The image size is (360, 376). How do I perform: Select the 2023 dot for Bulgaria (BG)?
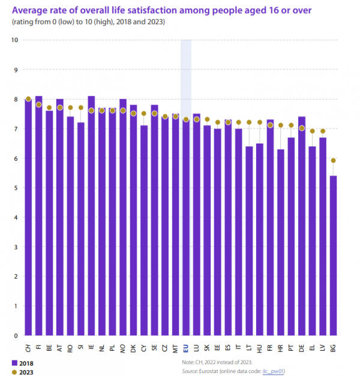pyautogui.click(x=333, y=160)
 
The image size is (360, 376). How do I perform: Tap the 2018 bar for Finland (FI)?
pyautogui.click(x=38, y=216)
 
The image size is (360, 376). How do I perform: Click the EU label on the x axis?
pyautogui.click(x=186, y=347)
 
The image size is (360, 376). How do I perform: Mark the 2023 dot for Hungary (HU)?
pyautogui.click(x=259, y=123)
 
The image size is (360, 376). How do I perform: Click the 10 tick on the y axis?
pyautogui.click(x=14, y=40)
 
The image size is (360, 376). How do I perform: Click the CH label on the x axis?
pyautogui.click(x=28, y=348)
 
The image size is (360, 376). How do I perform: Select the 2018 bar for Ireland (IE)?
pyautogui.click(x=91, y=216)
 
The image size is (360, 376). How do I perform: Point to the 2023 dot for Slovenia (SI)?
pyautogui.click(x=80, y=108)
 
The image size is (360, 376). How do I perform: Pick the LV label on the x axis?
pyautogui.click(x=322, y=347)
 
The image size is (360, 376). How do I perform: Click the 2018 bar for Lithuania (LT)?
pyautogui.click(x=249, y=240)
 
